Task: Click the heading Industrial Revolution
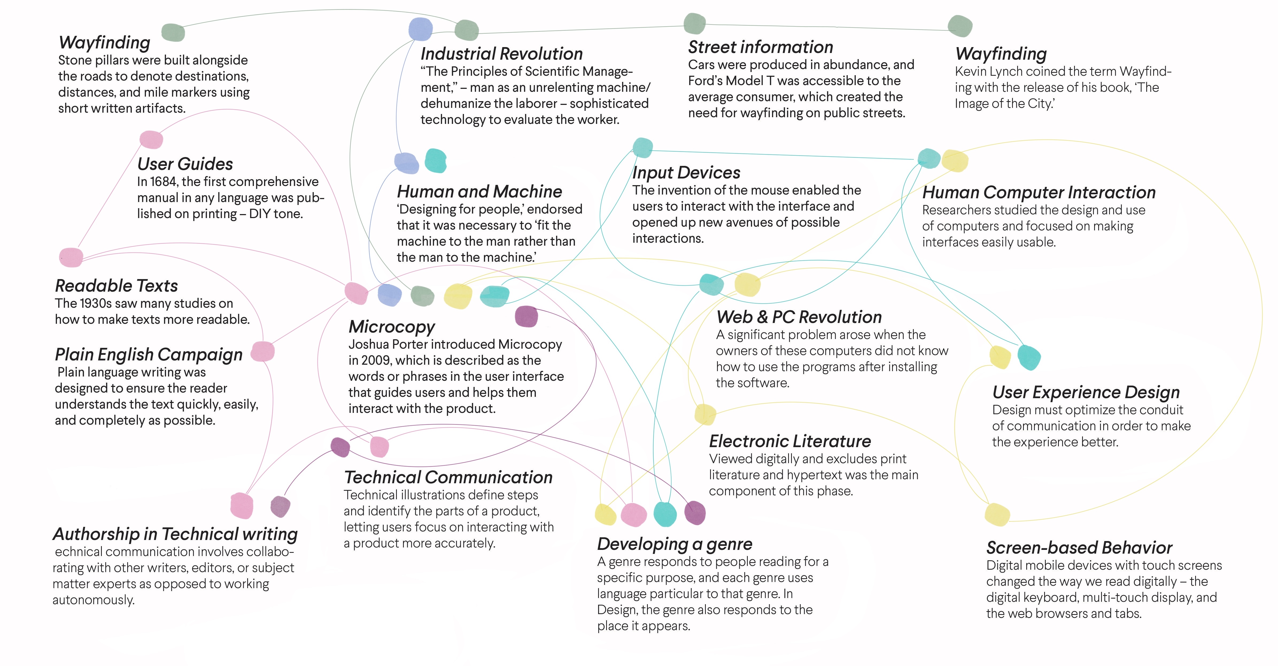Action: coord(502,54)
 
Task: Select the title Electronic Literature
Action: coord(790,441)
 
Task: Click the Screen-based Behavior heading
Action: coord(1079,548)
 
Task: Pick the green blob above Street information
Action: coord(695,23)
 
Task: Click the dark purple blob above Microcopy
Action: coord(526,316)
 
